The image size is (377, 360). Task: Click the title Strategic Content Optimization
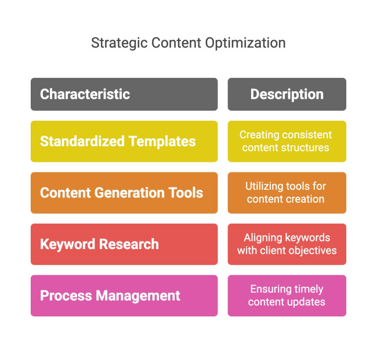188,43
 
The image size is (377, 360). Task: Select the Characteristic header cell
124,94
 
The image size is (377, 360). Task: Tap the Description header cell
287,94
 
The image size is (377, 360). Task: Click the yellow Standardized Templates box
124,141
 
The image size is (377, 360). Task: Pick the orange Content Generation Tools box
124,193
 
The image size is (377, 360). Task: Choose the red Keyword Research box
124,244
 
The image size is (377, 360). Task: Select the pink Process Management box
124,296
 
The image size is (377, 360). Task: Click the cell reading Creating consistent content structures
287,141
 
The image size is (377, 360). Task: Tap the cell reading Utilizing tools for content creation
287,193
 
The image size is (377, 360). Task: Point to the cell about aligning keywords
287,244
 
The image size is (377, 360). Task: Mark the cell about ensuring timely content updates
287,296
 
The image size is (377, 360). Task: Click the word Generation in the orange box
126,193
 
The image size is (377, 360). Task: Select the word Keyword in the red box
66,244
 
